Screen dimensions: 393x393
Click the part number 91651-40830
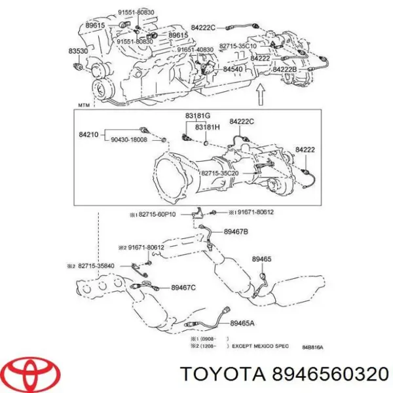click(195, 49)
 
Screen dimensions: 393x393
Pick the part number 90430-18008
click(129, 140)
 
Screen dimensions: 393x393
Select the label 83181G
click(197, 116)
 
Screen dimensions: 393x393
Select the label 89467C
click(183, 287)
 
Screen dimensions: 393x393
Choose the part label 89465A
click(243, 324)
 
